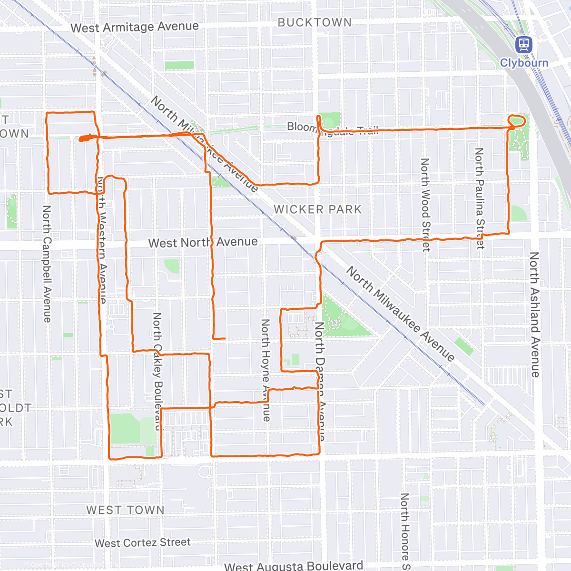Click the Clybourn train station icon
[x=523, y=45]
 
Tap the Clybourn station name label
[x=524, y=63]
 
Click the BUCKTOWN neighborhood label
[x=315, y=22]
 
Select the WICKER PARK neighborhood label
[x=317, y=209]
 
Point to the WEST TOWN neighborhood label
[x=125, y=510]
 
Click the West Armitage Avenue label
[x=135, y=27]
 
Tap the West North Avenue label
[x=203, y=243]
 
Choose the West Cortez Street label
[x=142, y=543]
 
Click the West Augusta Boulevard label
[x=294, y=566]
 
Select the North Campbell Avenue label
[x=47, y=264]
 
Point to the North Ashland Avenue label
[x=535, y=315]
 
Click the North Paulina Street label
[x=480, y=198]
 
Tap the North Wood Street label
[x=425, y=205]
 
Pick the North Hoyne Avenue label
[x=266, y=370]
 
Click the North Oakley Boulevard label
[x=158, y=371]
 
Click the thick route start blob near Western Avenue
[x=84, y=138]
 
